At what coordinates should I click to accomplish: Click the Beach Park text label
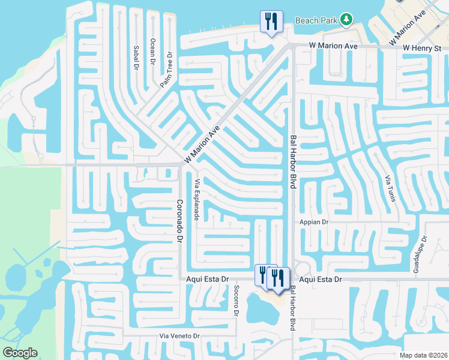click(x=316, y=20)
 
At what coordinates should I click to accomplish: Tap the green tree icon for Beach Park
click(x=346, y=20)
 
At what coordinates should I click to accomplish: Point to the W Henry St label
click(x=422, y=47)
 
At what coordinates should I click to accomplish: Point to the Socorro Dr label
click(x=236, y=303)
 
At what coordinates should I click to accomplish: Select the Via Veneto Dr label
click(x=179, y=335)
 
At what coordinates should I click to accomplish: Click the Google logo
click(x=20, y=353)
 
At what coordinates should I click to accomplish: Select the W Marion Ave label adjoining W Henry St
click(x=333, y=46)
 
